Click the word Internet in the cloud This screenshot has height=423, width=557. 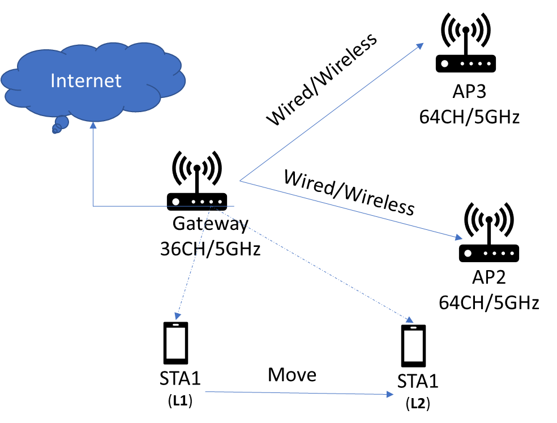tap(86, 80)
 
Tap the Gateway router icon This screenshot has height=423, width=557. tap(197, 181)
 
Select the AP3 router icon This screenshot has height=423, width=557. tap(466, 42)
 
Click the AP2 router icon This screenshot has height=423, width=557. tap(489, 232)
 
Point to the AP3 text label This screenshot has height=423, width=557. tap(469, 92)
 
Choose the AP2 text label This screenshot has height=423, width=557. tap(489, 277)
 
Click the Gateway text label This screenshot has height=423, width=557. tap(211, 224)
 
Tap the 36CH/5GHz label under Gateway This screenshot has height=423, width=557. tap(211, 249)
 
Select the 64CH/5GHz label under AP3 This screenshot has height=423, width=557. tap(469, 117)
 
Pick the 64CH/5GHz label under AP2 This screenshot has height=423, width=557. tap(489, 303)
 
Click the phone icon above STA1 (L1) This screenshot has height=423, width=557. tap(175, 343)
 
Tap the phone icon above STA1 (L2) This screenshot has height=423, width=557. tap(413, 345)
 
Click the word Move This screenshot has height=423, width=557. tap(292, 375)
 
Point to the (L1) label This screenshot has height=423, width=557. tap(180, 401)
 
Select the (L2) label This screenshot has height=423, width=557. tap(418, 404)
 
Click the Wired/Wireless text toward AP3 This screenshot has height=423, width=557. tap(322, 79)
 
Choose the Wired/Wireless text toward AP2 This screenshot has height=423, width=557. tap(349, 193)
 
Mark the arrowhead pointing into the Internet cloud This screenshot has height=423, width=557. tap(93, 125)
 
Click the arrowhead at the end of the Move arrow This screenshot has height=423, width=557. tap(389, 394)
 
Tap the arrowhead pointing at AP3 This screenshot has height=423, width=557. tap(420, 46)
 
